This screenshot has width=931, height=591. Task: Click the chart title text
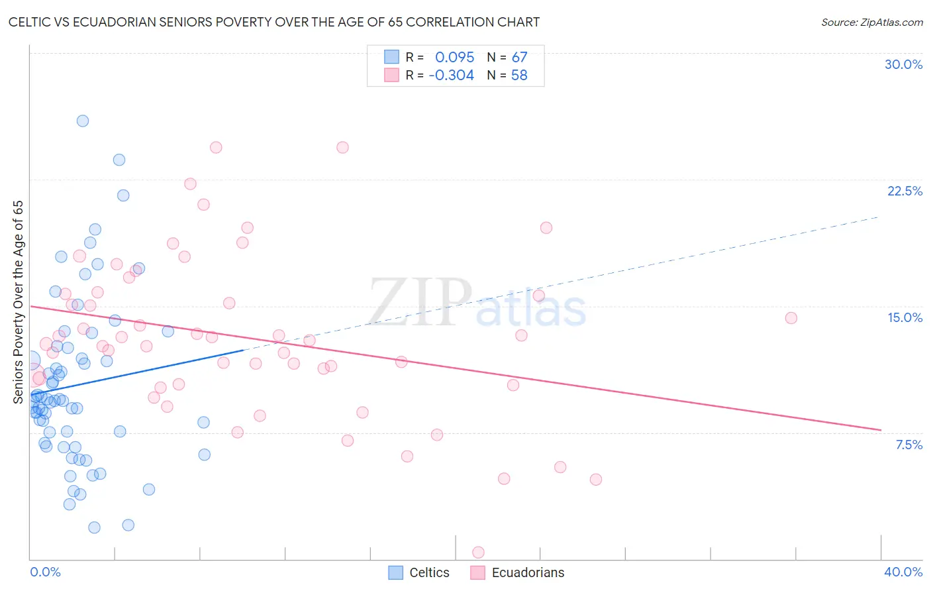[x=274, y=22]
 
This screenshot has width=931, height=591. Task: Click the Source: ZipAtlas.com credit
[x=871, y=22]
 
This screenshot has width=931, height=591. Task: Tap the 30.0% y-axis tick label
[x=903, y=64]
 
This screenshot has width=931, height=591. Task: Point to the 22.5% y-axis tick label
[x=905, y=191]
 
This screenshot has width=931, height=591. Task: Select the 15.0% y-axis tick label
[x=905, y=317]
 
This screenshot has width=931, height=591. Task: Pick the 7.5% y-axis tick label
[x=908, y=445]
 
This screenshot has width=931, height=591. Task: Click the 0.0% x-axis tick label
[x=45, y=572]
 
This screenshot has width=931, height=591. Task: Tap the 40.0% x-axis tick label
[x=903, y=572]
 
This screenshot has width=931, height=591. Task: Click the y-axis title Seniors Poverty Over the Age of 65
[x=19, y=302]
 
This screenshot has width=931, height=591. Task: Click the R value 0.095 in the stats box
[x=454, y=58]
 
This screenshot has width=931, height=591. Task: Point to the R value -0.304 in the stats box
[x=451, y=76]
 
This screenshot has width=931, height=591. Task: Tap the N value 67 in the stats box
[x=519, y=58]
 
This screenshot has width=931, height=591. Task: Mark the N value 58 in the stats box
[x=519, y=76]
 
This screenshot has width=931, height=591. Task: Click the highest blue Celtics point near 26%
[x=83, y=121]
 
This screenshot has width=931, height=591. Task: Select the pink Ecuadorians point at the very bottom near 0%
[x=478, y=552]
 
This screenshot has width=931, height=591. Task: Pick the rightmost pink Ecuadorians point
[x=791, y=318]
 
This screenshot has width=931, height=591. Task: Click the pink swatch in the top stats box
[x=391, y=75]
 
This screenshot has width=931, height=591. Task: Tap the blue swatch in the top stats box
[x=391, y=57]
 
